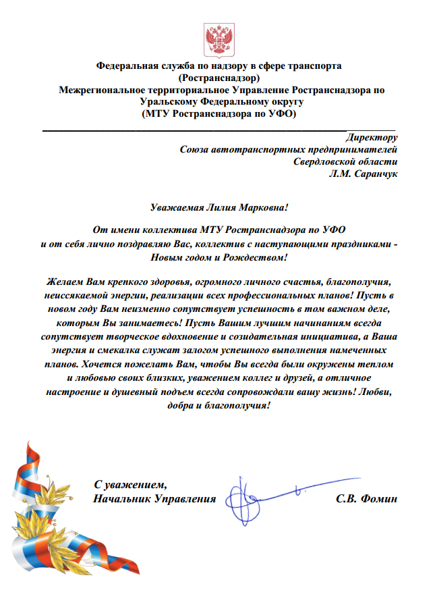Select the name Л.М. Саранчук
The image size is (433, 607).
point(364,174)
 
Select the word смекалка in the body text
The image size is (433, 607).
point(109,352)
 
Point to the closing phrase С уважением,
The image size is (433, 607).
point(129,484)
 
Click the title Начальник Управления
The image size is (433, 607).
point(154,500)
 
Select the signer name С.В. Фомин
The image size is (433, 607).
point(366,500)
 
